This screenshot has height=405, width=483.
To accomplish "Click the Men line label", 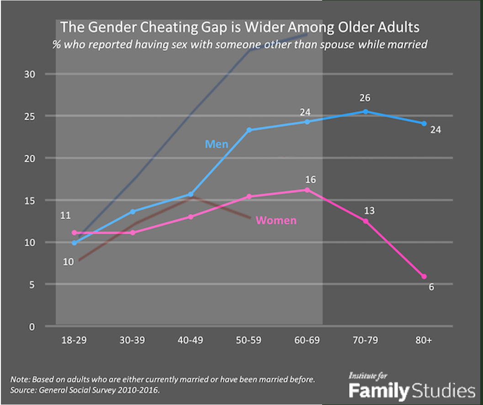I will click(x=217, y=144).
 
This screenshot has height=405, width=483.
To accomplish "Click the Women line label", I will click(x=276, y=221).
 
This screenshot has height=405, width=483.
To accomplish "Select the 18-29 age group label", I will click(x=74, y=340).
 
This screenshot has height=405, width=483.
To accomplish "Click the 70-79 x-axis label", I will click(x=366, y=340).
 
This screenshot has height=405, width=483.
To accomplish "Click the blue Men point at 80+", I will click(x=424, y=124).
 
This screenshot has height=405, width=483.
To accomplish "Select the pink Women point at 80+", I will click(x=424, y=276).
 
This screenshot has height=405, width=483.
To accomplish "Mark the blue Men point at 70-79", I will click(x=366, y=111).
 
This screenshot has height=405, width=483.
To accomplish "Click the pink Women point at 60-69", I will click(x=307, y=189).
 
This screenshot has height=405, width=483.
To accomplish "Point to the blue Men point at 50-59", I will click(x=249, y=130).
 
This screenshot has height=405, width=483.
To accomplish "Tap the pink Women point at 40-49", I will click(x=191, y=217).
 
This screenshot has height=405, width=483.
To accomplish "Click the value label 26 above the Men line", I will click(x=365, y=98).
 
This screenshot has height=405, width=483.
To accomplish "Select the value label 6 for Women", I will click(x=430, y=288).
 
